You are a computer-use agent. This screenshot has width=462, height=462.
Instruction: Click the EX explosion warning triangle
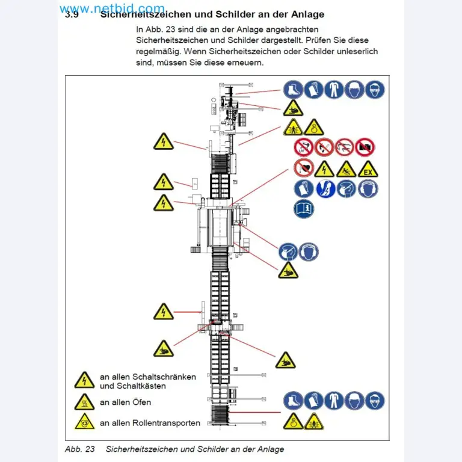point(368,169)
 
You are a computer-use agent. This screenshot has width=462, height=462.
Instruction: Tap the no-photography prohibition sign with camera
point(365,147)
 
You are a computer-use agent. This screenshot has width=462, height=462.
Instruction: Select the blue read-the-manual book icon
point(303,209)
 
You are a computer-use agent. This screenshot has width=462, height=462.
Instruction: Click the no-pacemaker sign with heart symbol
point(303,168)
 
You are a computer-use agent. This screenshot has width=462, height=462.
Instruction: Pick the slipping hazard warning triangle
point(346,169)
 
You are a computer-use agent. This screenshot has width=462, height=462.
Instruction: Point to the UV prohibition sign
point(303,147)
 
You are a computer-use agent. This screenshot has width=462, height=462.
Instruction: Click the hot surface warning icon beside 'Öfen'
point(84,402)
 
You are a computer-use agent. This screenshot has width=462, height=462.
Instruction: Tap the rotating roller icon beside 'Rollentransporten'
point(84,422)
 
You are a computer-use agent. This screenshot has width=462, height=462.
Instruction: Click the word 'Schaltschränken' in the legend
point(164,377)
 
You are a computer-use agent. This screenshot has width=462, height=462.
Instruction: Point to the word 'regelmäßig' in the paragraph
point(158,52)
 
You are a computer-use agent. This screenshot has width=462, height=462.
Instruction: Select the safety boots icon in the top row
point(293,90)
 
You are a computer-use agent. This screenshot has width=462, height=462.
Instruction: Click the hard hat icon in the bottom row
point(354,401)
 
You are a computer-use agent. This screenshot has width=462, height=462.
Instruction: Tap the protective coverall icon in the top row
point(334,90)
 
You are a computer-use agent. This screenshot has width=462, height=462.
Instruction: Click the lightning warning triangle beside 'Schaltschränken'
point(84,380)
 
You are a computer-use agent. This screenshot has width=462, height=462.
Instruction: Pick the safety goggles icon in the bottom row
point(375,401)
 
